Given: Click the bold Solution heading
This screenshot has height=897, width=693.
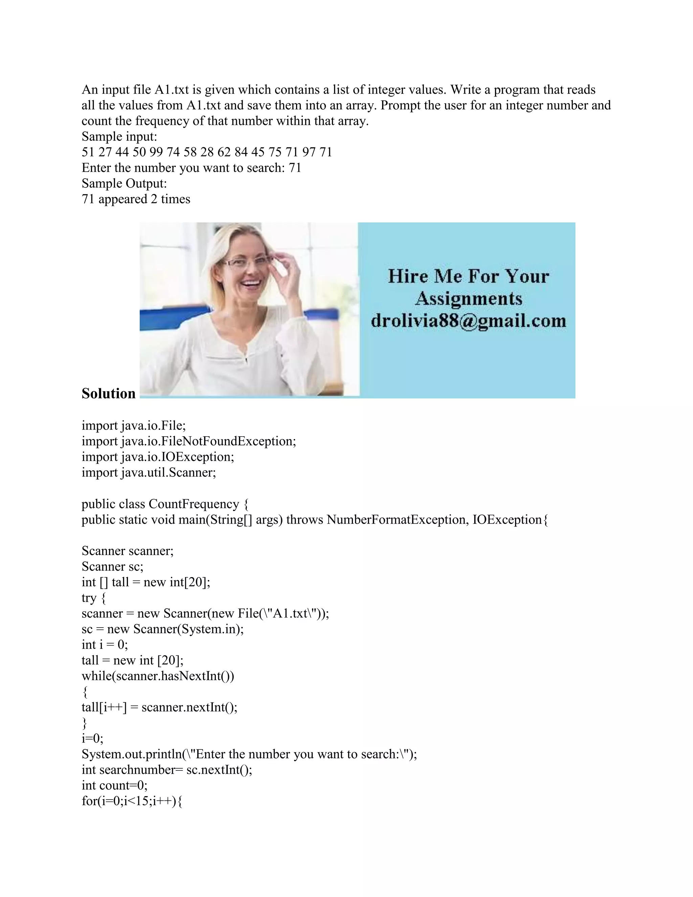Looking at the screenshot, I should tap(108, 393).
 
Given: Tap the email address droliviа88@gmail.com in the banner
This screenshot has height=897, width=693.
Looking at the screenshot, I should tap(468, 321).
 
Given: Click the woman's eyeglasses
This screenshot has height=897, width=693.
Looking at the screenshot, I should tap(246, 262).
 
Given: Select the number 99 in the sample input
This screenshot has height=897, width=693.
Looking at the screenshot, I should tap(156, 152).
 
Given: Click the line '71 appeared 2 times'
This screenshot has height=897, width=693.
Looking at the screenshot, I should tap(136, 199).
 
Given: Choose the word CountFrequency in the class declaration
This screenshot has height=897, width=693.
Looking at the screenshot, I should tap(194, 504).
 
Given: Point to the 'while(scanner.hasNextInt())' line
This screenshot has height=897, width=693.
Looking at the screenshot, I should tap(158, 676).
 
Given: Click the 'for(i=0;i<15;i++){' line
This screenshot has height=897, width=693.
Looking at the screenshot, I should tap(132, 801).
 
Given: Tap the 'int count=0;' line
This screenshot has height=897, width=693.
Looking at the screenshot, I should tap(115, 785).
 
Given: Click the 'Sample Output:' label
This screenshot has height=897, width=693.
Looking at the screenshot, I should tap(124, 183).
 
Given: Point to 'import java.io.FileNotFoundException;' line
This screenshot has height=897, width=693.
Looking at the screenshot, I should tap(189, 441).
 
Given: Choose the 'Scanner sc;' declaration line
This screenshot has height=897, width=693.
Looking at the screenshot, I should tap(112, 567).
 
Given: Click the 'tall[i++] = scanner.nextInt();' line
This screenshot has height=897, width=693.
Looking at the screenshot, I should tap(159, 707).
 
